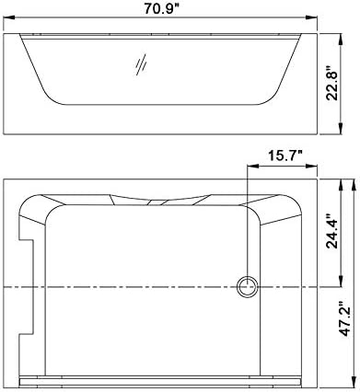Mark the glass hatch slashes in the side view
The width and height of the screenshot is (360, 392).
click(x=141, y=65)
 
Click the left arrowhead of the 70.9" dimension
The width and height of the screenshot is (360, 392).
click(x=23, y=20)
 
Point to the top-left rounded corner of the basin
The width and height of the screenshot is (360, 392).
click(x=55, y=212)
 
